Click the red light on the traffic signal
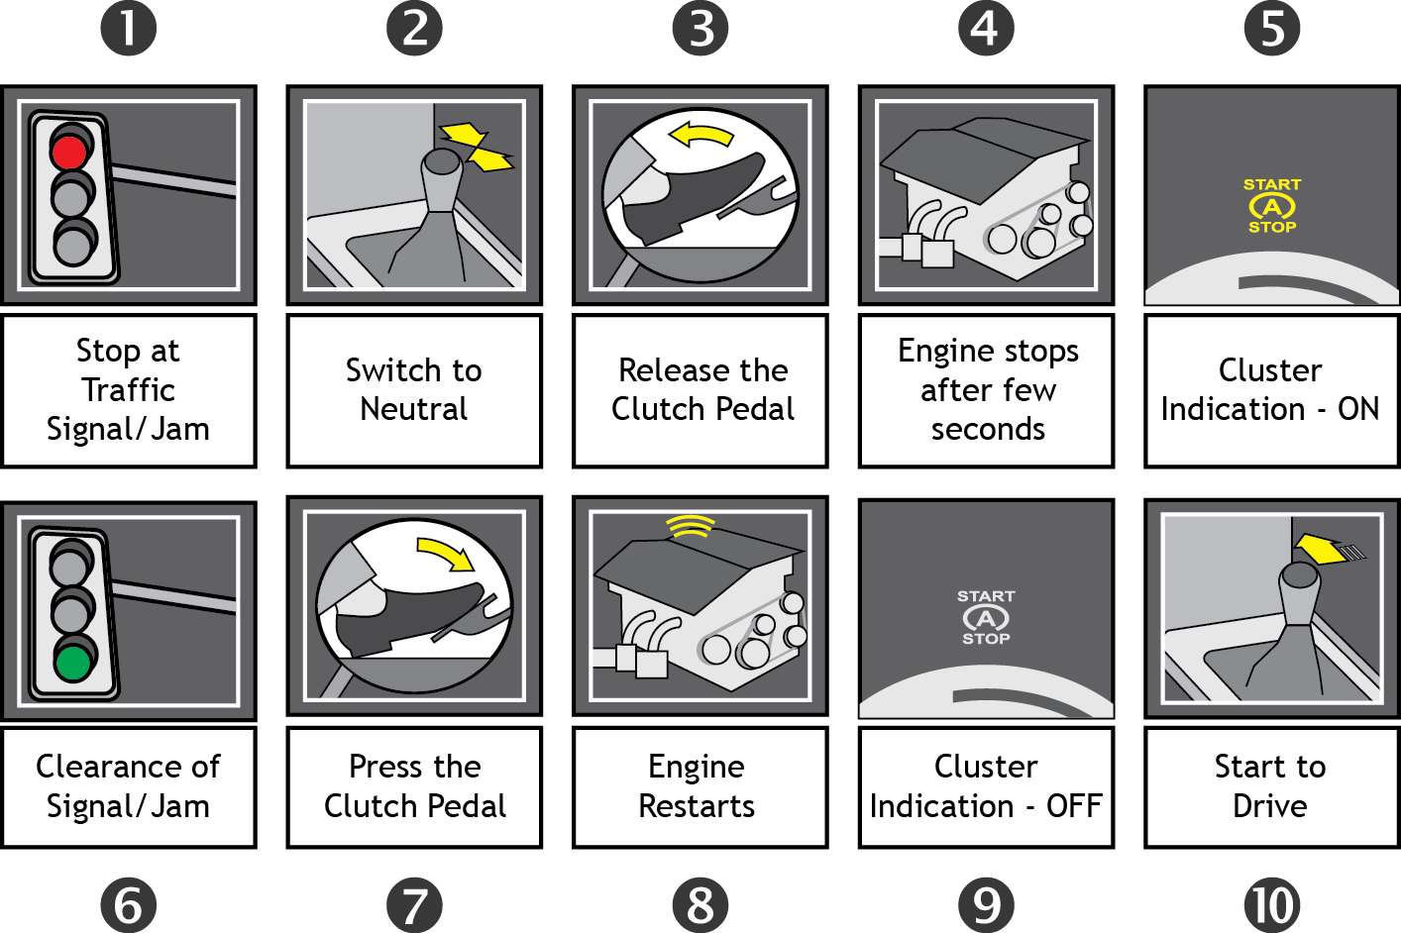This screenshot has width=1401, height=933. [69, 152]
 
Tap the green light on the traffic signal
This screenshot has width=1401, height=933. [72, 661]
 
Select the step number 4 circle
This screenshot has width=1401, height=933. [986, 28]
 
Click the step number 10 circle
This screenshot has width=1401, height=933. [1272, 904]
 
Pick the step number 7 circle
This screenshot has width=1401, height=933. [414, 904]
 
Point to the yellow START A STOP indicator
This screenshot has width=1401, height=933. [1272, 206]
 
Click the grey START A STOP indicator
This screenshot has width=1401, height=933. [986, 618]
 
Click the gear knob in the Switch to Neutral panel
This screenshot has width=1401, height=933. [440, 178]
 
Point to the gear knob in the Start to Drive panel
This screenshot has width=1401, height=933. [1299, 588]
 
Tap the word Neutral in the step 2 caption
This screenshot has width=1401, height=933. [414, 409]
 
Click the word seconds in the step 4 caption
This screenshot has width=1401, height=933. [988, 429]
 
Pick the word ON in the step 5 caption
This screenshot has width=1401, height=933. [1357, 409]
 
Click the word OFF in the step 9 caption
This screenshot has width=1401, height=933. [1073, 806]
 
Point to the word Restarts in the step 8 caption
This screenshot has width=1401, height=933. [697, 806]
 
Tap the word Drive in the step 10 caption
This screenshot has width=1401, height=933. [1270, 806]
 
